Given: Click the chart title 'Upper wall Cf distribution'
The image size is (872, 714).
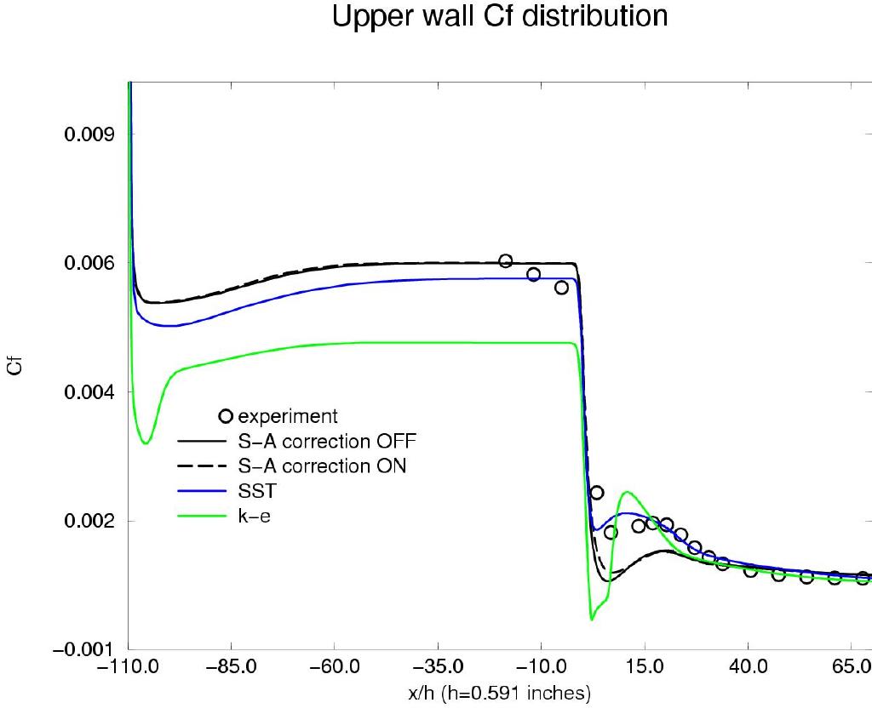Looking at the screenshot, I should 500,17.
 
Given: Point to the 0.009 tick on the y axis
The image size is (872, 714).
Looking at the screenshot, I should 89,134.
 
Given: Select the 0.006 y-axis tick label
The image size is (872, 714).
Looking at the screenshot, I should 89,264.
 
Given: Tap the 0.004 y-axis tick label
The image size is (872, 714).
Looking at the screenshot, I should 89,392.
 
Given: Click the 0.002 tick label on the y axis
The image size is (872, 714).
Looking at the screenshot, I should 89,521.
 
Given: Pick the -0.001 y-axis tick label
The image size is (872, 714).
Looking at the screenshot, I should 85,650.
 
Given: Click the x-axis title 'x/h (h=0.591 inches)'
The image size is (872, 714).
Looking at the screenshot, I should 500,694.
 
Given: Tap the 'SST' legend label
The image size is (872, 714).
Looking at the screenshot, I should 256,491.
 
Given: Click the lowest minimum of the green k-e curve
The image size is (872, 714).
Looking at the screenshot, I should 591,619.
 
